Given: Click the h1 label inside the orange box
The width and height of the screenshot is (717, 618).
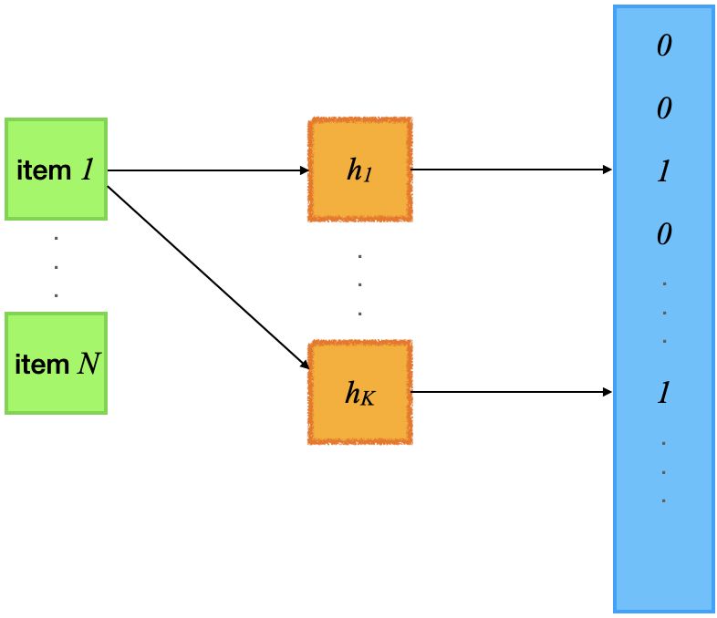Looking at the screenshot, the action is pos(360,170).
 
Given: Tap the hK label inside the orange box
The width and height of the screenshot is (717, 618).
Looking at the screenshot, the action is pos(360,393).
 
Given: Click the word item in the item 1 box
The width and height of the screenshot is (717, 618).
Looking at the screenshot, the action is pos(44,170).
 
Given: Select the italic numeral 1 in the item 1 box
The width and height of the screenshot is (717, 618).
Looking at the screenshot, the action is pos(88,170).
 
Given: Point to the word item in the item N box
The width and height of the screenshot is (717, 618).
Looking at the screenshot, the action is pos(42,365).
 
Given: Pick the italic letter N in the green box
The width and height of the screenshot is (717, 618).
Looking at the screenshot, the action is pos(88,364).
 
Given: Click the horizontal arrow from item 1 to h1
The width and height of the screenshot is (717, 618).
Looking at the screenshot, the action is pos(208,170).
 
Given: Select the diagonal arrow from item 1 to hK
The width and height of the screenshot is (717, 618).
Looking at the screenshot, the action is pos(208,278).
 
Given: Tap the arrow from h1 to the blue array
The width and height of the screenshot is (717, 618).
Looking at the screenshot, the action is pos(511,170).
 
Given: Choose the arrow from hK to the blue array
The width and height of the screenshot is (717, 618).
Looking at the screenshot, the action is pos(511,392).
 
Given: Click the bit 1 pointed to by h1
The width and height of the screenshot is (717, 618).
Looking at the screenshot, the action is pos(664,171).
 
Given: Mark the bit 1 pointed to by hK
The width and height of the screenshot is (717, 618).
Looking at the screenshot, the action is pos(664,393).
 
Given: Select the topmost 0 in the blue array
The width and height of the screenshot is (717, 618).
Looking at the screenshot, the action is pos(664,46).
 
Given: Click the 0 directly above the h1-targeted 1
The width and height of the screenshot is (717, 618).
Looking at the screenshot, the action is pos(664,108).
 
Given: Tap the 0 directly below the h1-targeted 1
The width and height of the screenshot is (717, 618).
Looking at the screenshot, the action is pos(664,234).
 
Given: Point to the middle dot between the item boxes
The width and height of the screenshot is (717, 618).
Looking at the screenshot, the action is pos(57,267).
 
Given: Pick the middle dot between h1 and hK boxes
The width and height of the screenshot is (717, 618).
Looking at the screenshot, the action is pos(360,284).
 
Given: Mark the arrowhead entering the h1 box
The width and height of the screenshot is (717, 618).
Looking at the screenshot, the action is pos(305,170).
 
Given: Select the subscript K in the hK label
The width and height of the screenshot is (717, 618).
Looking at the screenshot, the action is pos(369,398).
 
